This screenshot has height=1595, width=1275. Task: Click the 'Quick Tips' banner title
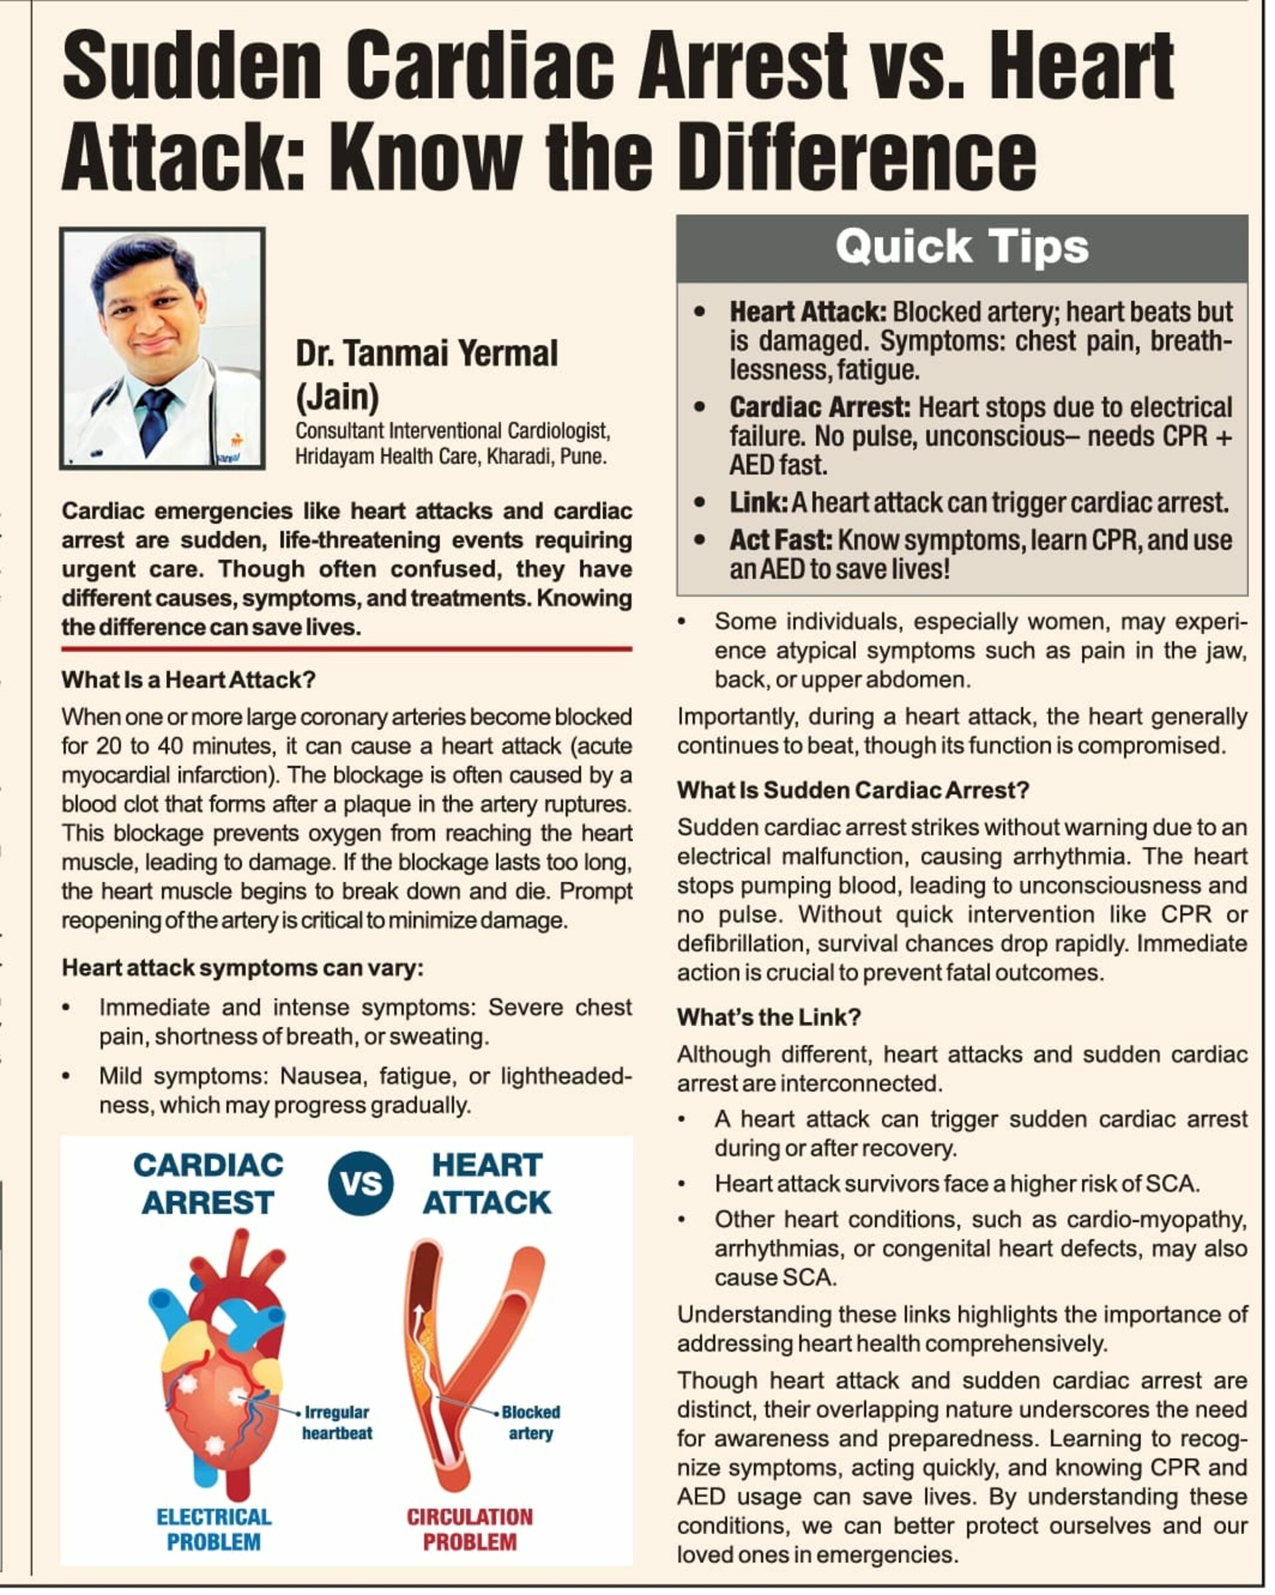tap(962, 246)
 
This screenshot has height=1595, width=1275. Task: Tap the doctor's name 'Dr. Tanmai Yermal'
tap(426, 354)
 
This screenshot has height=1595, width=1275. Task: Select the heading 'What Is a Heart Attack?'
tap(189, 680)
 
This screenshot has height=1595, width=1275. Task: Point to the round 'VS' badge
tap(361, 1184)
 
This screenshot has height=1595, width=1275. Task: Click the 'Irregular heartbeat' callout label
tap(337, 1422)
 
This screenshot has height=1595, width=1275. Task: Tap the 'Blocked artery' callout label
tap(531, 1422)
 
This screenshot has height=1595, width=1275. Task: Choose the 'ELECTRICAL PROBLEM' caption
tap(214, 1529)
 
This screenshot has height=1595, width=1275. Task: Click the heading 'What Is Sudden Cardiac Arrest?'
tap(853, 790)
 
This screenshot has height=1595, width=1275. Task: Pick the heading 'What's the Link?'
tap(769, 1017)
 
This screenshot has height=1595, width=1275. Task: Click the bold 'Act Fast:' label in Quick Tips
tap(781, 541)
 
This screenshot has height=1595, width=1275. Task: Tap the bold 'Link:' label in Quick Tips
tap(758, 503)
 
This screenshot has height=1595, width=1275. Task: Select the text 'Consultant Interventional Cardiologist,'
tap(452, 430)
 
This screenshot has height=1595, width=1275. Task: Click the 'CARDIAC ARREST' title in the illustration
tap(209, 1185)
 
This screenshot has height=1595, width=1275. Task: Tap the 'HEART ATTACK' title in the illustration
tap(487, 1185)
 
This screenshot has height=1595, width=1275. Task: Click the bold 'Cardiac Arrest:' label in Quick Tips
tap(820, 408)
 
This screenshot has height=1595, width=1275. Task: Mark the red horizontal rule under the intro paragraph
tap(347, 649)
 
